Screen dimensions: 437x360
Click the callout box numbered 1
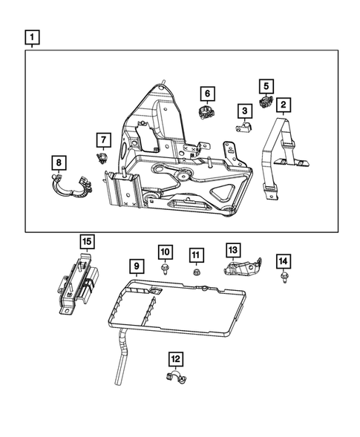(x=32, y=36)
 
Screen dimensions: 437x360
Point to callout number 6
(x=207, y=93)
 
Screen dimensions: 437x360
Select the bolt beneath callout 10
(x=165, y=270)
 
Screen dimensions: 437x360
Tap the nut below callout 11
(x=195, y=272)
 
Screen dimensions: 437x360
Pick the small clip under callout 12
(x=174, y=379)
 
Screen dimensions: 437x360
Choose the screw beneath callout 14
(x=283, y=278)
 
